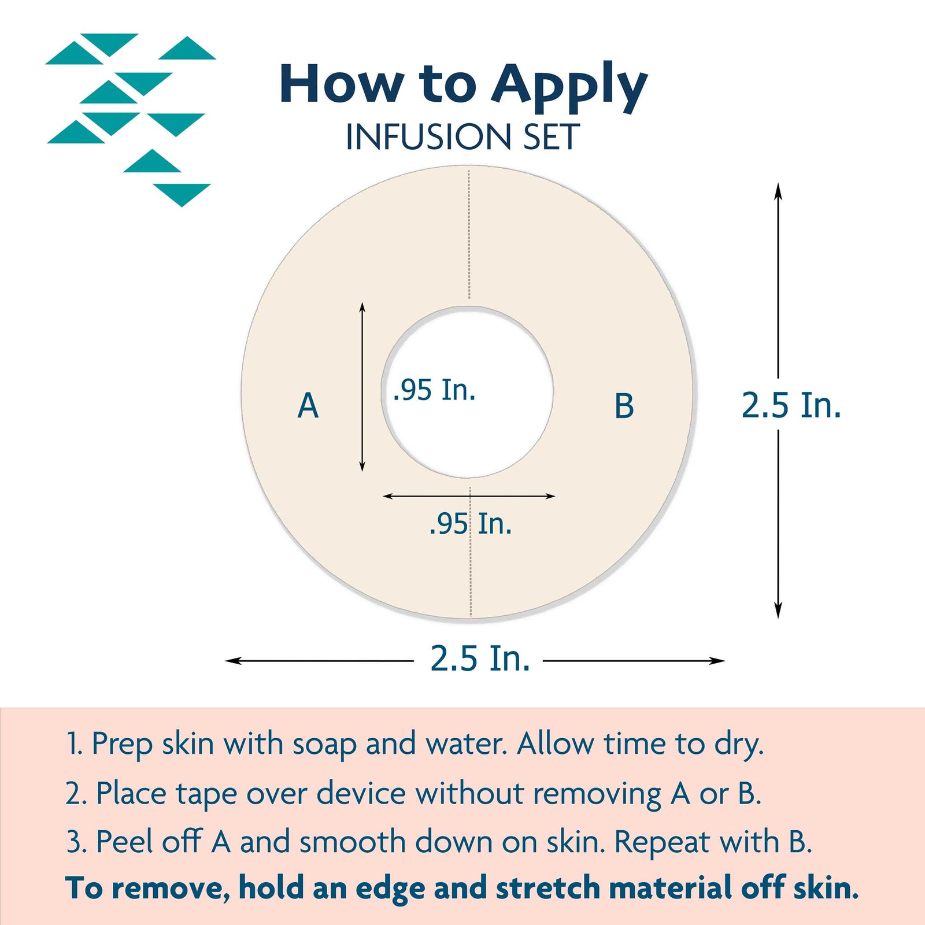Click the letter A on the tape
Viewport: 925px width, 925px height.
point(308,405)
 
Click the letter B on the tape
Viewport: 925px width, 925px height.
point(624,405)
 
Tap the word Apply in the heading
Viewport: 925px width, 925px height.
point(569,86)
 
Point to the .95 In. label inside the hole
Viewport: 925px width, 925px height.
point(434,390)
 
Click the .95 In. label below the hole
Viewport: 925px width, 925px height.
point(471,524)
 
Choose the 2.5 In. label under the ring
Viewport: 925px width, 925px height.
point(480,658)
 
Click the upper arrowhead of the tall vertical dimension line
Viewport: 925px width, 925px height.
point(778,191)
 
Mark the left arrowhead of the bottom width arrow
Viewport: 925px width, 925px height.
point(233,660)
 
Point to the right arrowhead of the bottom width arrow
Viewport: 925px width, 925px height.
point(717,660)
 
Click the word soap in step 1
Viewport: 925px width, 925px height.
point(324,745)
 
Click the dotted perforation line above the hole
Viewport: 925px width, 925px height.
point(469,234)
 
